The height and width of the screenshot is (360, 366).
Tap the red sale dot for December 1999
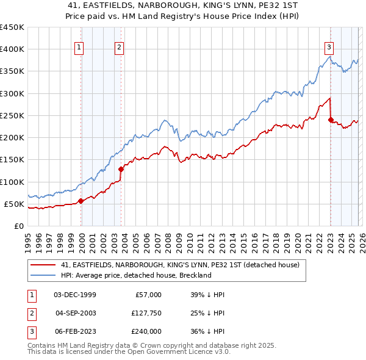81,200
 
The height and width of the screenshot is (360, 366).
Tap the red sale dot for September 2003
121,169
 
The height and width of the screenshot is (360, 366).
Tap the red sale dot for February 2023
331,120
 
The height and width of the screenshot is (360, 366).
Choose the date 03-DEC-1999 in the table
75,295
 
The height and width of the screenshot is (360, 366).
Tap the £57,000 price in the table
146,295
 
